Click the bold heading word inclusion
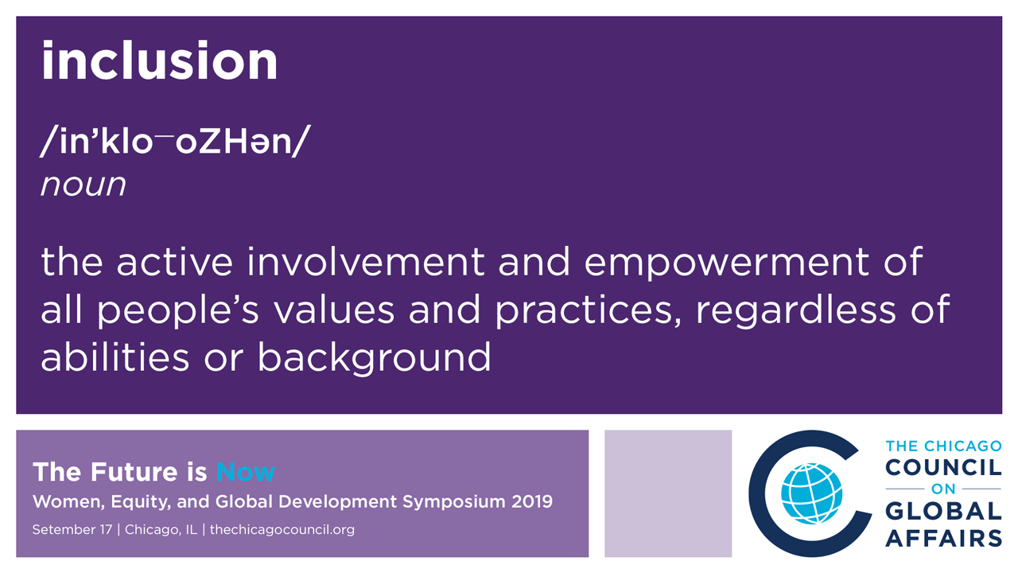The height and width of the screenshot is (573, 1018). tap(160, 60)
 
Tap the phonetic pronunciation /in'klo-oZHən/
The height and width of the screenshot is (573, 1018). tap(176, 141)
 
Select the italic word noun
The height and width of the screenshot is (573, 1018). tap(84, 185)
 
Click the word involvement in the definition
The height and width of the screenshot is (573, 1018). tap(365, 262)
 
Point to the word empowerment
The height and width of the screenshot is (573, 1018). tap(726, 263)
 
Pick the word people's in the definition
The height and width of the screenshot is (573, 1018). tap(177, 310)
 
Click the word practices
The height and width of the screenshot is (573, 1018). tap(588, 310)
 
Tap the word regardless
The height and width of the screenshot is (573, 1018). tap(796, 310)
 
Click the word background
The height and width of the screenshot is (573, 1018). tap(375, 358)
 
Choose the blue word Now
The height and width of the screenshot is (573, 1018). tap(246, 472)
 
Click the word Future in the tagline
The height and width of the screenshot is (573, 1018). tap(134, 472)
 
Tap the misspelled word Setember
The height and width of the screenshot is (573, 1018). tap(72, 530)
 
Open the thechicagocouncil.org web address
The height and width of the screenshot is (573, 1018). tap(282, 530)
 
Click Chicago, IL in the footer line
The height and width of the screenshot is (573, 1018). tap(161, 530)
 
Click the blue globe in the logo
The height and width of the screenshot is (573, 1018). tap(811, 493)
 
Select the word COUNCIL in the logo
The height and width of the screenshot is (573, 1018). tap(943, 467)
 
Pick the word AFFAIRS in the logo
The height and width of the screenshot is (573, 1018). tap(943, 538)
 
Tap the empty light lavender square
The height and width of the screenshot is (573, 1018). tap(668, 493)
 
